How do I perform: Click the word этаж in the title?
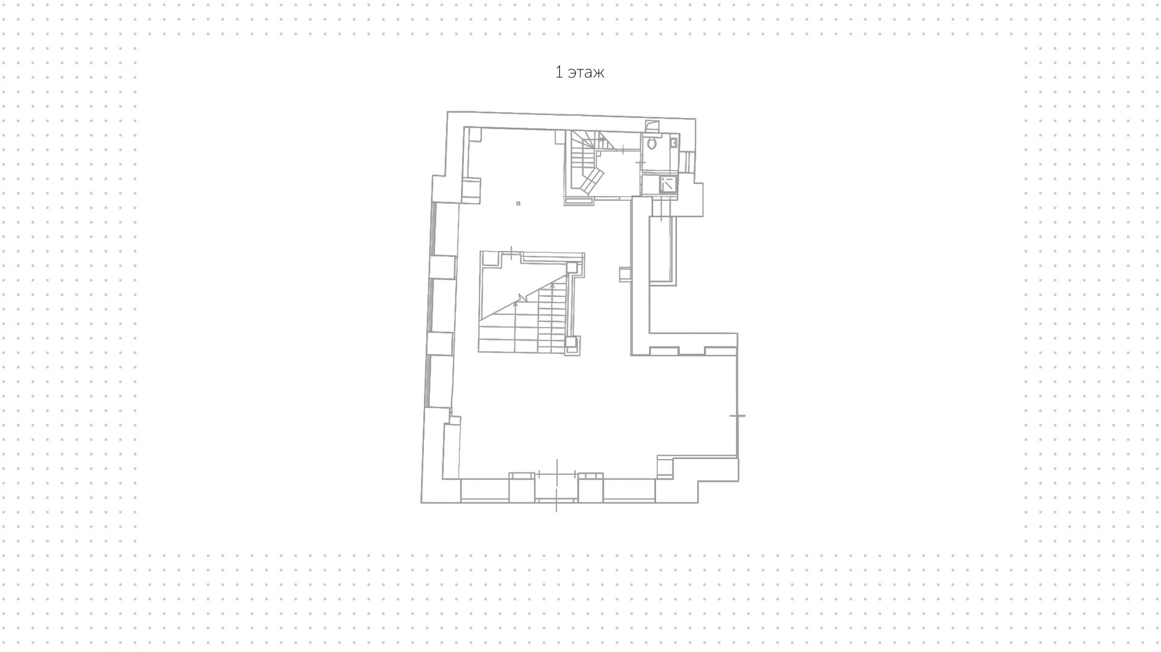586,73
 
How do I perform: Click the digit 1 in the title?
559,73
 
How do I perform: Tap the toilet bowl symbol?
651,143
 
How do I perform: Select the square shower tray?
669,184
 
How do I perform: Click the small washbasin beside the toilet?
674,143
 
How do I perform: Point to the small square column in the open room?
518,204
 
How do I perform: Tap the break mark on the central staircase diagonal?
522,298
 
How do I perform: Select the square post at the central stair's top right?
571,268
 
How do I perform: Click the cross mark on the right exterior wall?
737,416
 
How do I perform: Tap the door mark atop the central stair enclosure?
512,253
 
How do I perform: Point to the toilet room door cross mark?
641,163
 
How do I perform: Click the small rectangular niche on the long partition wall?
625,275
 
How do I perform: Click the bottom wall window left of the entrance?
484,491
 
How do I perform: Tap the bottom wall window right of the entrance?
629,491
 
